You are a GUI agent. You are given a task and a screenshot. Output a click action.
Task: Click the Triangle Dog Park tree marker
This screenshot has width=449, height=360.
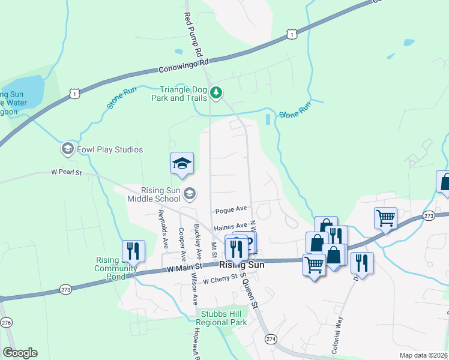217,92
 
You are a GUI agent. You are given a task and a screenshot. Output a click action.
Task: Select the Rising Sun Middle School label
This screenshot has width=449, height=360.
152,194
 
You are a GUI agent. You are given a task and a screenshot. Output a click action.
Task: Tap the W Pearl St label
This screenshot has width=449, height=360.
67,173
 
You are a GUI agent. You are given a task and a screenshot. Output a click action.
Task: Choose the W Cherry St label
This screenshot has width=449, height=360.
221,280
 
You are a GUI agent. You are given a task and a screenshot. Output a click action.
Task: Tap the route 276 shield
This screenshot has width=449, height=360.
6,323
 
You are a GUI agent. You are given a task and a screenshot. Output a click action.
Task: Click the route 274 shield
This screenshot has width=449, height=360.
271,339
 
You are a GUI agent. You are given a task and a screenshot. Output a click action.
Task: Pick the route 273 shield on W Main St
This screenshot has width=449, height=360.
67,290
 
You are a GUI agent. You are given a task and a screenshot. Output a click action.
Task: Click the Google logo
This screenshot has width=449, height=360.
20,353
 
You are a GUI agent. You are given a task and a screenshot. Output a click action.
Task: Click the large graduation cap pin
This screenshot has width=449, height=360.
182,163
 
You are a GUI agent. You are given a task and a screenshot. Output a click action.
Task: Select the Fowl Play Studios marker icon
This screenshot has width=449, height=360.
68,149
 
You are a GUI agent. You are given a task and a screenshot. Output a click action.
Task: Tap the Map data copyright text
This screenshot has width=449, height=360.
423,355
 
